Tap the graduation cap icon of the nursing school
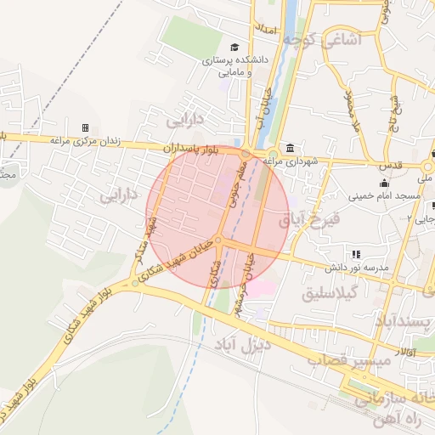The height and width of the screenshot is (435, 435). click(x=234, y=47)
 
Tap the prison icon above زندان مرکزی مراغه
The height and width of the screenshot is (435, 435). click(x=85, y=127)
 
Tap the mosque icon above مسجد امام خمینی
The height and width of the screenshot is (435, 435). click(x=385, y=182)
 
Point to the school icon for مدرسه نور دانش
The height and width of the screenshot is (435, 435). click(x=356, y=254)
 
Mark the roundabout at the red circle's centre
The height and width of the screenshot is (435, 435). click(x=219, y=242)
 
